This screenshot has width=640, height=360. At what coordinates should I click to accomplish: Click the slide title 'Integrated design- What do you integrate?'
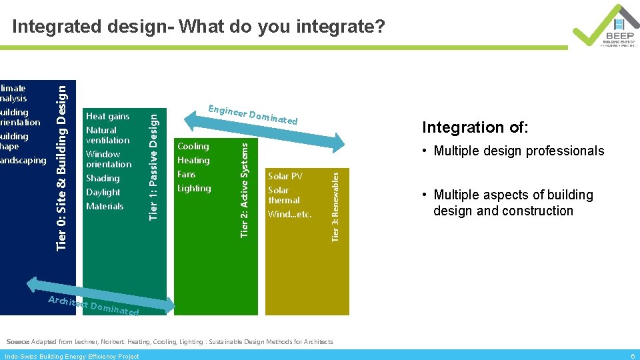pyautogui.click(x=198, y=27)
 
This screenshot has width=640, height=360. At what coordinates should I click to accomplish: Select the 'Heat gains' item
pyautogui.click(x=107, y=117)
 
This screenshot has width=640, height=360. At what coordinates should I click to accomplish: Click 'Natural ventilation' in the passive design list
pyautogui.click(x=107, y=135)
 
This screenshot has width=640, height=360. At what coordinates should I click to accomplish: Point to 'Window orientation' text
pyautogui.click(x=109, y=159)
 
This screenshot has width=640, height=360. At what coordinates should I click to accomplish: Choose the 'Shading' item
pyautogui.click(x=103, y=179)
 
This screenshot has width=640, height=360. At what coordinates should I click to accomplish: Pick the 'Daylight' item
pyautogui.click(x=103, y=193)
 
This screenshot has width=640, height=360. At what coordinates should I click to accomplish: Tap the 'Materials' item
pyautogui.click(x=105, y=207)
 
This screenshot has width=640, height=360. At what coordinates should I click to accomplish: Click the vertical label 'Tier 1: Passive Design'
pyautogui.click(x=153, y=166)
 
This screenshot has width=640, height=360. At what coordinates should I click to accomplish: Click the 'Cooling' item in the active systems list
pyautogui.click(x=193, y=147)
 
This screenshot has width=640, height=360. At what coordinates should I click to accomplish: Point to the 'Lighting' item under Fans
pyautogui.click(x=194, y=189)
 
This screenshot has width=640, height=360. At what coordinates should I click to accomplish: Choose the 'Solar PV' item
pyautogui.click(x=285, y=177)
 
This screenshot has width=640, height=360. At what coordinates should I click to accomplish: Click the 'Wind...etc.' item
pyautogui.click(x=289, y=215)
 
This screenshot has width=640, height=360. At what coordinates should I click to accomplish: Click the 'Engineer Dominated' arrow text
pyautogui.click(x=253, y=115)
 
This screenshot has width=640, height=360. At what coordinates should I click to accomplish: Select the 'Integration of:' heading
pyautogui.click(x=475, y=127)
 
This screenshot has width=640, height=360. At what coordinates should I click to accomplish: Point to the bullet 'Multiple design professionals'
pyautogui.click(x=519, y=151)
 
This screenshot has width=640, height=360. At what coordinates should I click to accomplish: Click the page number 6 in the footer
pyautogui.click(x=632, y=356)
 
